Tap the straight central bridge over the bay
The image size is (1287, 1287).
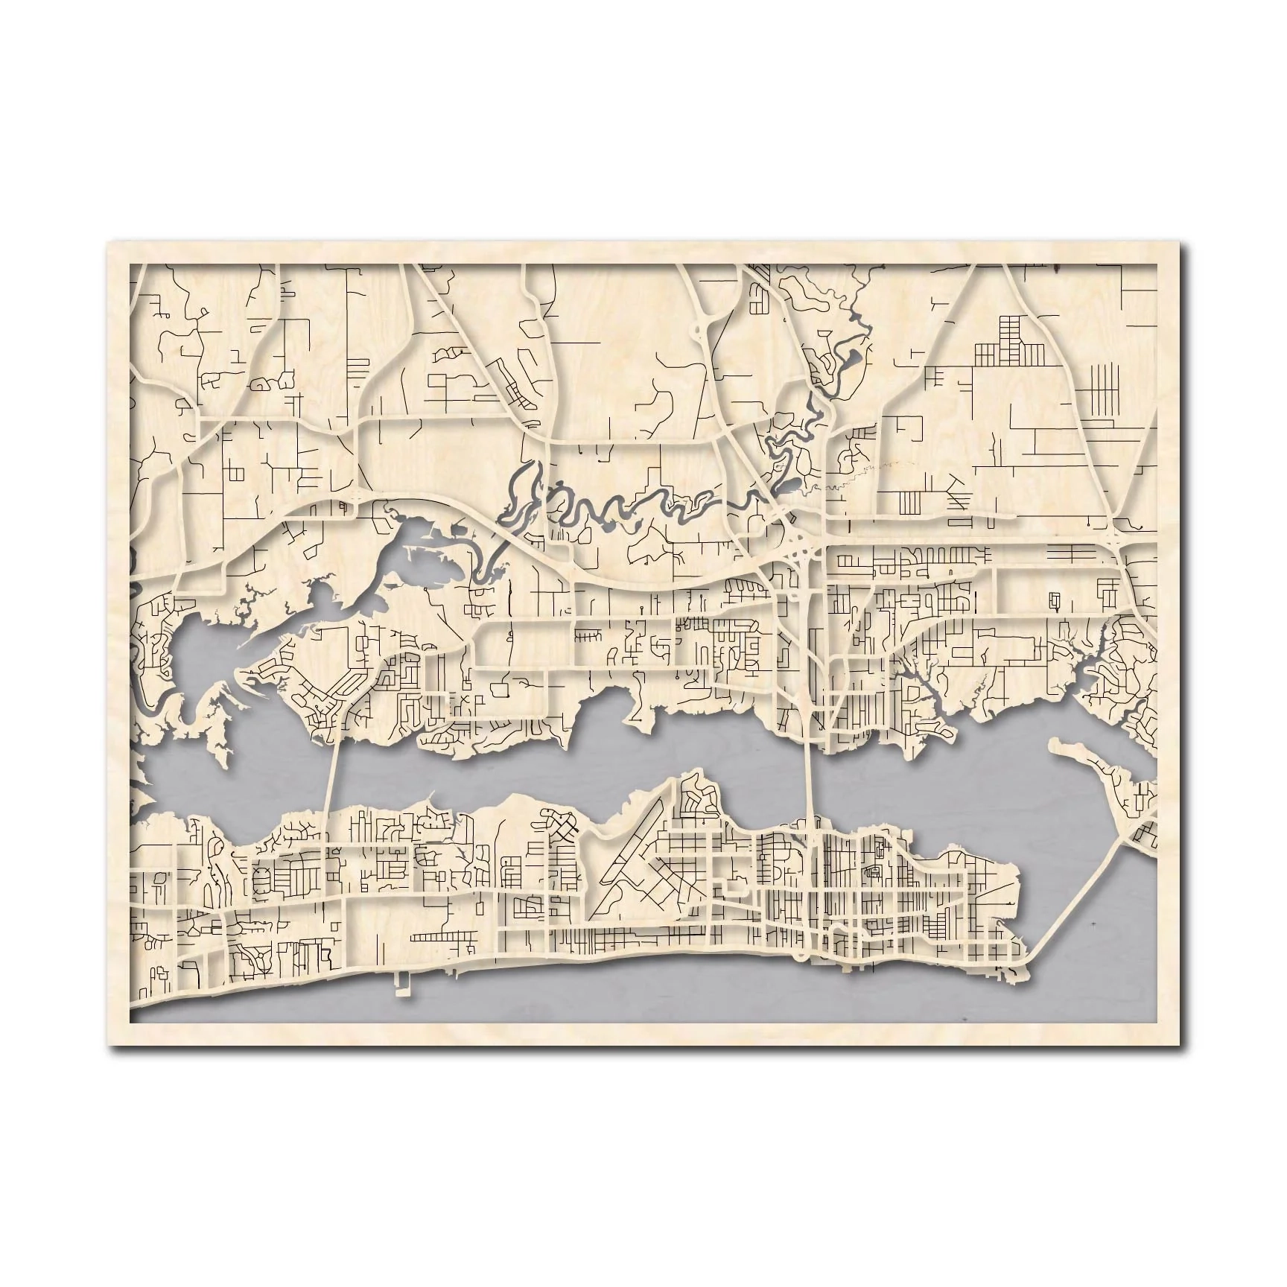812,779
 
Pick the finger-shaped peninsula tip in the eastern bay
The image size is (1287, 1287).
1058,745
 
